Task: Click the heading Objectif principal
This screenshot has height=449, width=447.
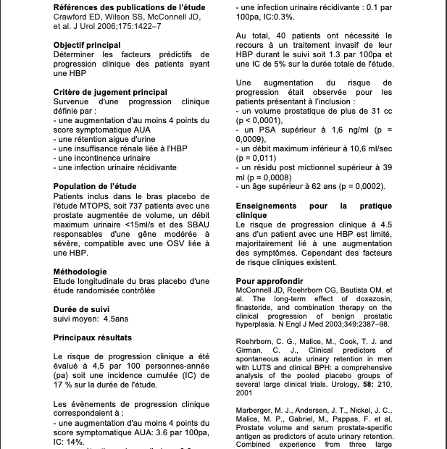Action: (x=87, y=44)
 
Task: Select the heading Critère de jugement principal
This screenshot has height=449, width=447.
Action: (x=110, y=92)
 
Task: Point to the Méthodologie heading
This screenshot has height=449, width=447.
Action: (x=81, y=272)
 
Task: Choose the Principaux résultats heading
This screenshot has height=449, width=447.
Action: (x=93, y=337)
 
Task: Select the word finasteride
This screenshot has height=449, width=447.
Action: (x=258, y=307)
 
